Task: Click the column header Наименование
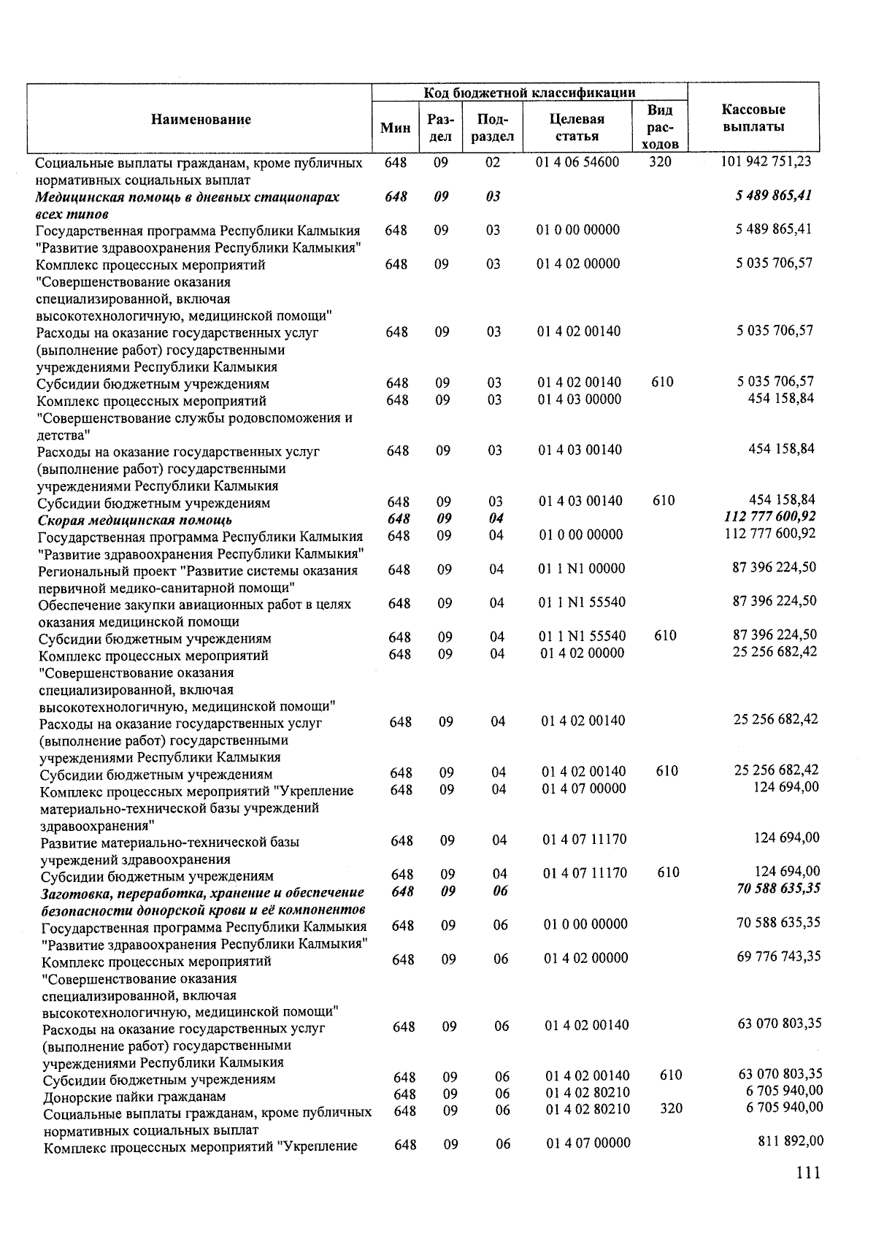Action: [201, 120]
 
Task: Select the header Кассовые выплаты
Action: [753, 118]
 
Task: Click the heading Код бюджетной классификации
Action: [529, 93]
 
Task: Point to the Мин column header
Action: [396, 128]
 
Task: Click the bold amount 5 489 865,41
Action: [773, 196]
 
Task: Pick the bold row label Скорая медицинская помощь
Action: [135, 520]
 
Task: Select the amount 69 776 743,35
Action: [778, 956]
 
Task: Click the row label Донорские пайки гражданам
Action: [134, 1097]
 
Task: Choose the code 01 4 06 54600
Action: [577, 162]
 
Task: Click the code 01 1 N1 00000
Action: [583, 569]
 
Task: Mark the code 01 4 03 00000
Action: [580, 399]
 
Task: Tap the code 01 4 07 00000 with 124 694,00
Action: [584, 789]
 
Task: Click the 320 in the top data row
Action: [659, 162]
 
